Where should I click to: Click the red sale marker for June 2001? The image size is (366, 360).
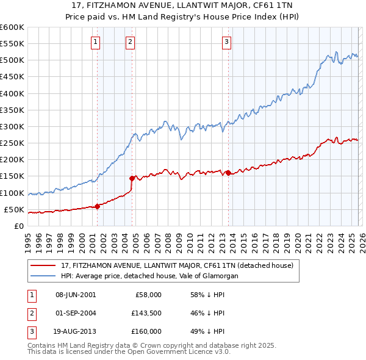pos(97,206)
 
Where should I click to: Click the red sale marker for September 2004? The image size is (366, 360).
pos(132,178)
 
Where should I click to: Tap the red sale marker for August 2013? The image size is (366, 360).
pos(228,173)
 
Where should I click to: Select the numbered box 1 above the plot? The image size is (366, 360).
pos(96,42)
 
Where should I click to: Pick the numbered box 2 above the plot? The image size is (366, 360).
pos(131,42)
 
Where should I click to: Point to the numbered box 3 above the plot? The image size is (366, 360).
pos(226,42)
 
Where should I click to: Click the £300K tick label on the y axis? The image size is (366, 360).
pos(12,127)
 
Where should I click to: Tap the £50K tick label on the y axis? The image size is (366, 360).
pos(14,209)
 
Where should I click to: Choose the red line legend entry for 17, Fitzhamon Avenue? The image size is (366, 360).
pos(177,265)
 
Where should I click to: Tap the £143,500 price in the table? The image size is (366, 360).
pos(146,313)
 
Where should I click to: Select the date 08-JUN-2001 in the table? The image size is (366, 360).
pos(76,295)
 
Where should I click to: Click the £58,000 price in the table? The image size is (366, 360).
pos(148,295)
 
